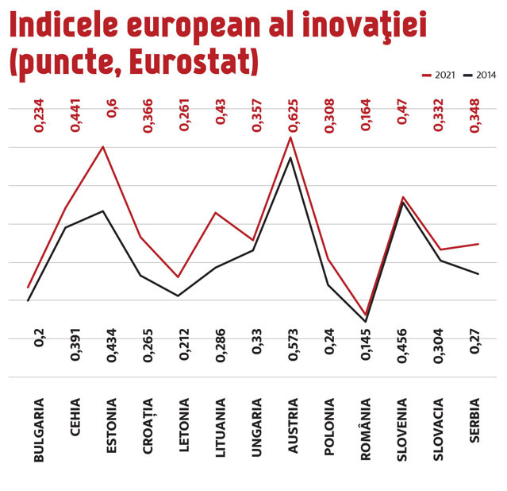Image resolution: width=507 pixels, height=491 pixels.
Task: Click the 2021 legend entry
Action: (439, 75)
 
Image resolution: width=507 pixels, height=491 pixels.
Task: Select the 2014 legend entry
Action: (480, 75)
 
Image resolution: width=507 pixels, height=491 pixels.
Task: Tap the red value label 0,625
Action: (294, 116)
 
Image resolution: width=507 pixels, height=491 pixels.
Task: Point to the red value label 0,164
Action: (366, 115)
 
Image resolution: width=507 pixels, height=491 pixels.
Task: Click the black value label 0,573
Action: (294, 345)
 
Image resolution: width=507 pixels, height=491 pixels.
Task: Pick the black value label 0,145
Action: (366, 344)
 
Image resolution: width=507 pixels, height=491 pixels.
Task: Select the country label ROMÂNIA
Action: (366, 429)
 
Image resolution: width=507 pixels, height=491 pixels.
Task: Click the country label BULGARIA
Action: (38, 430)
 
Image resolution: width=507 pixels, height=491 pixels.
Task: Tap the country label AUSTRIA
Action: (293, 426)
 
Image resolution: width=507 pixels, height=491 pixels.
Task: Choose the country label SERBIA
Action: (474, 420)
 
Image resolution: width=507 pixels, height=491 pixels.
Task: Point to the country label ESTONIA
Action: (111, 426)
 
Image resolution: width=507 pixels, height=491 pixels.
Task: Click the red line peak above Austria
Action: (290, 137)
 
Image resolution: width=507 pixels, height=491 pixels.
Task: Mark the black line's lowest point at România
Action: (366, 322)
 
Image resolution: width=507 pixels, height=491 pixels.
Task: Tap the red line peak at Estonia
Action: (103, 147)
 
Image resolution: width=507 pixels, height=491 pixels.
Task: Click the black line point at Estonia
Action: (103, 211)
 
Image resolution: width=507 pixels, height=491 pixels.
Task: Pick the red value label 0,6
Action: (112, 109)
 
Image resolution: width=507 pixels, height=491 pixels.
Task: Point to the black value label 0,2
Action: (39, 338)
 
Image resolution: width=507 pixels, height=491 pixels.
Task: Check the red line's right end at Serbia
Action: (478, 244)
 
